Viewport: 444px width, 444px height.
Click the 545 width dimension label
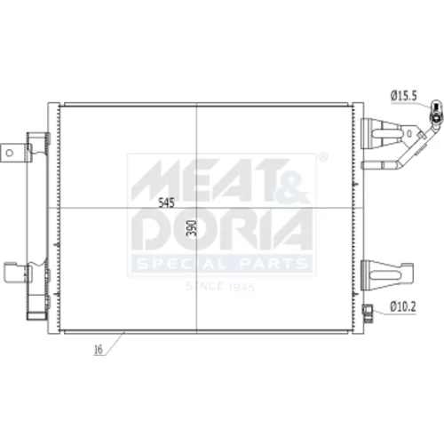point(167,203)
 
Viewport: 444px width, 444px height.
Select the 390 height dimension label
point(193,227)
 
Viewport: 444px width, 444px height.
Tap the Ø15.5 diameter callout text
point(403,96)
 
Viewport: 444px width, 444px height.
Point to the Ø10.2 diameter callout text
point(403,306)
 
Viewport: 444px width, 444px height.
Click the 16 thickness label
point(98,350)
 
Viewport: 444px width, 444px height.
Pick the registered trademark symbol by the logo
point(324,157)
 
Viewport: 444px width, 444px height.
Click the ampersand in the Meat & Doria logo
point(291,188)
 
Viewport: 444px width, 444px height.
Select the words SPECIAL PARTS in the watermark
point(222,263)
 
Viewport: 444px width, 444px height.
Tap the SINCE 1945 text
point(220,287)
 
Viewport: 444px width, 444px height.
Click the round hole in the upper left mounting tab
point(10,153)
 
